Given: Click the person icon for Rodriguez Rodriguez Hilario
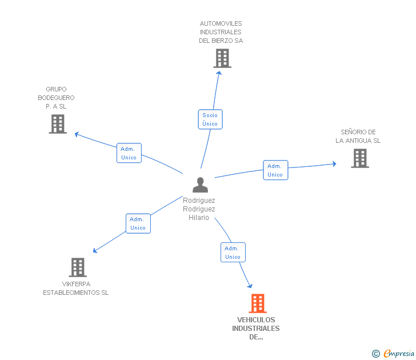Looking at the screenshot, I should click(200, 185).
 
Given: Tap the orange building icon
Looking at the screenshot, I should click(258, 303).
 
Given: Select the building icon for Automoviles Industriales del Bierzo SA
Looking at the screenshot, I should click(222, 58).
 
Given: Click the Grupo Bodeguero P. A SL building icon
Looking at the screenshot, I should click(58, 124).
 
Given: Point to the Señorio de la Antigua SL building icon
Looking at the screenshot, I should click(360, 158).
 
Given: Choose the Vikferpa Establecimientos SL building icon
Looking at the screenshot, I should click(77, 267).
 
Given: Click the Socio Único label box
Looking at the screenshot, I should click(210, 119).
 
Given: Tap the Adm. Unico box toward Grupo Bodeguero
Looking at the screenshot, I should click(129, 153).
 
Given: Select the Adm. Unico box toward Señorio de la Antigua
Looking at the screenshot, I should click(275, 170).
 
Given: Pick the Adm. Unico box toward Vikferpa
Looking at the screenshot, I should click(138, 223).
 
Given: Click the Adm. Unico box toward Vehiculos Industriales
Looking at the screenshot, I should click(233, 253).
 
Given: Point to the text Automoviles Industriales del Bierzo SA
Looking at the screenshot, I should click(221, 32).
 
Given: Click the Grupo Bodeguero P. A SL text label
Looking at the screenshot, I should click(56, 98).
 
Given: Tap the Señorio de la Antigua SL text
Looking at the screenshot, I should click(358, 137).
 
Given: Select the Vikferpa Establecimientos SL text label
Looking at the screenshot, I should click(76, 289).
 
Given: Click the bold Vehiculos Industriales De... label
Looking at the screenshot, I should click(256, 329).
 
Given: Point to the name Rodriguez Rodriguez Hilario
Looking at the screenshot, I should click(199, 209).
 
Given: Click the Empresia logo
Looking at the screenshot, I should click(398, 354).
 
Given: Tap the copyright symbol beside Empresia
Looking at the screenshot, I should click(375, 354).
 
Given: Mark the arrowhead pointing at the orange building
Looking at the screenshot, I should click(250, 285).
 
